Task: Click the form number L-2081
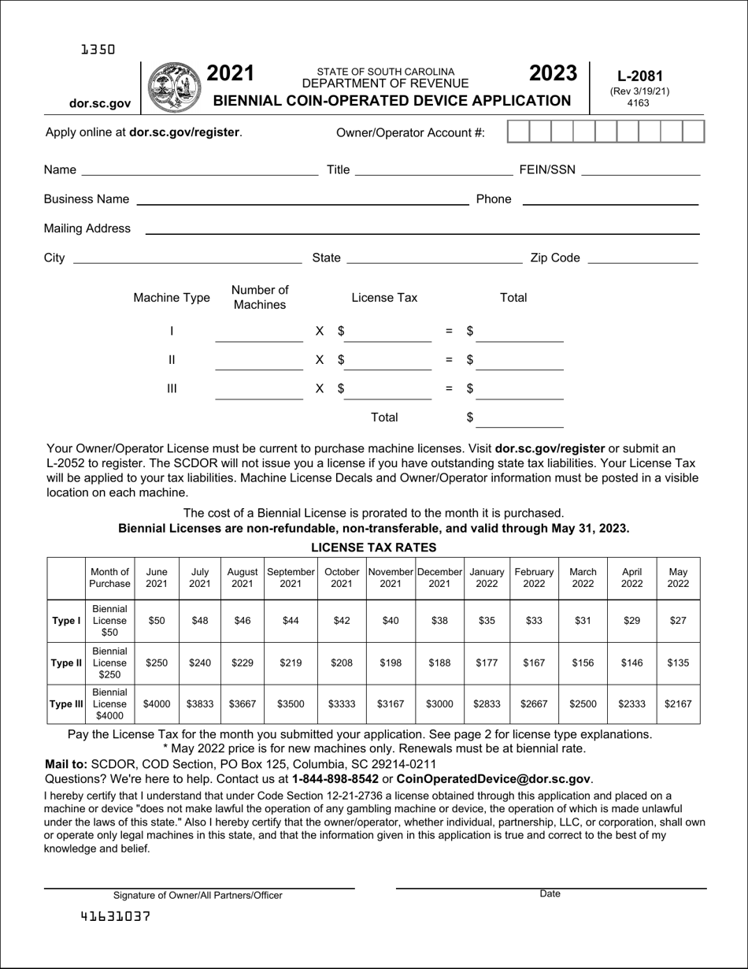click(639, 76)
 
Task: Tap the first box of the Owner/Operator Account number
click(517, 132)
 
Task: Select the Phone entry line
click(610, 199)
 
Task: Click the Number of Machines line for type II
click(258, 362)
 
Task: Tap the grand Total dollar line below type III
click(520, 420)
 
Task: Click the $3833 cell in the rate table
click(200, 704)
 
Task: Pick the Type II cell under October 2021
click(342, 663)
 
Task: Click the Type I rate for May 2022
click(677, 621)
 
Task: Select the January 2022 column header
click(487, 578)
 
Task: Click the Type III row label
click(66, 704)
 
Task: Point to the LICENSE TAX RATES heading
click(373, 547)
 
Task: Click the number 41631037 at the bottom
click(115, 916)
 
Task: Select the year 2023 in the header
click(553, 73)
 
